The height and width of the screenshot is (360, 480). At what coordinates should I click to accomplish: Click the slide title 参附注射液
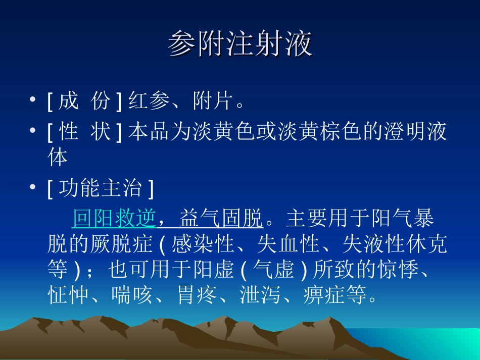pos(240,44)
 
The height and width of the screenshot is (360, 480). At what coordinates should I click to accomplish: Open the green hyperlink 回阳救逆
pos(115,219)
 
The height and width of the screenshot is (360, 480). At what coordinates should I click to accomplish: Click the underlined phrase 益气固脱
pos(221,219)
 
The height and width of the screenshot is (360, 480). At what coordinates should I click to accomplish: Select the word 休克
pos(426,245)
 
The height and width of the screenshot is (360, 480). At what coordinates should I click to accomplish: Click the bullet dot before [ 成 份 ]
pos(33,101)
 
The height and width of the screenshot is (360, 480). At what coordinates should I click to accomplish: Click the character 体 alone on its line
pos(58,158)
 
